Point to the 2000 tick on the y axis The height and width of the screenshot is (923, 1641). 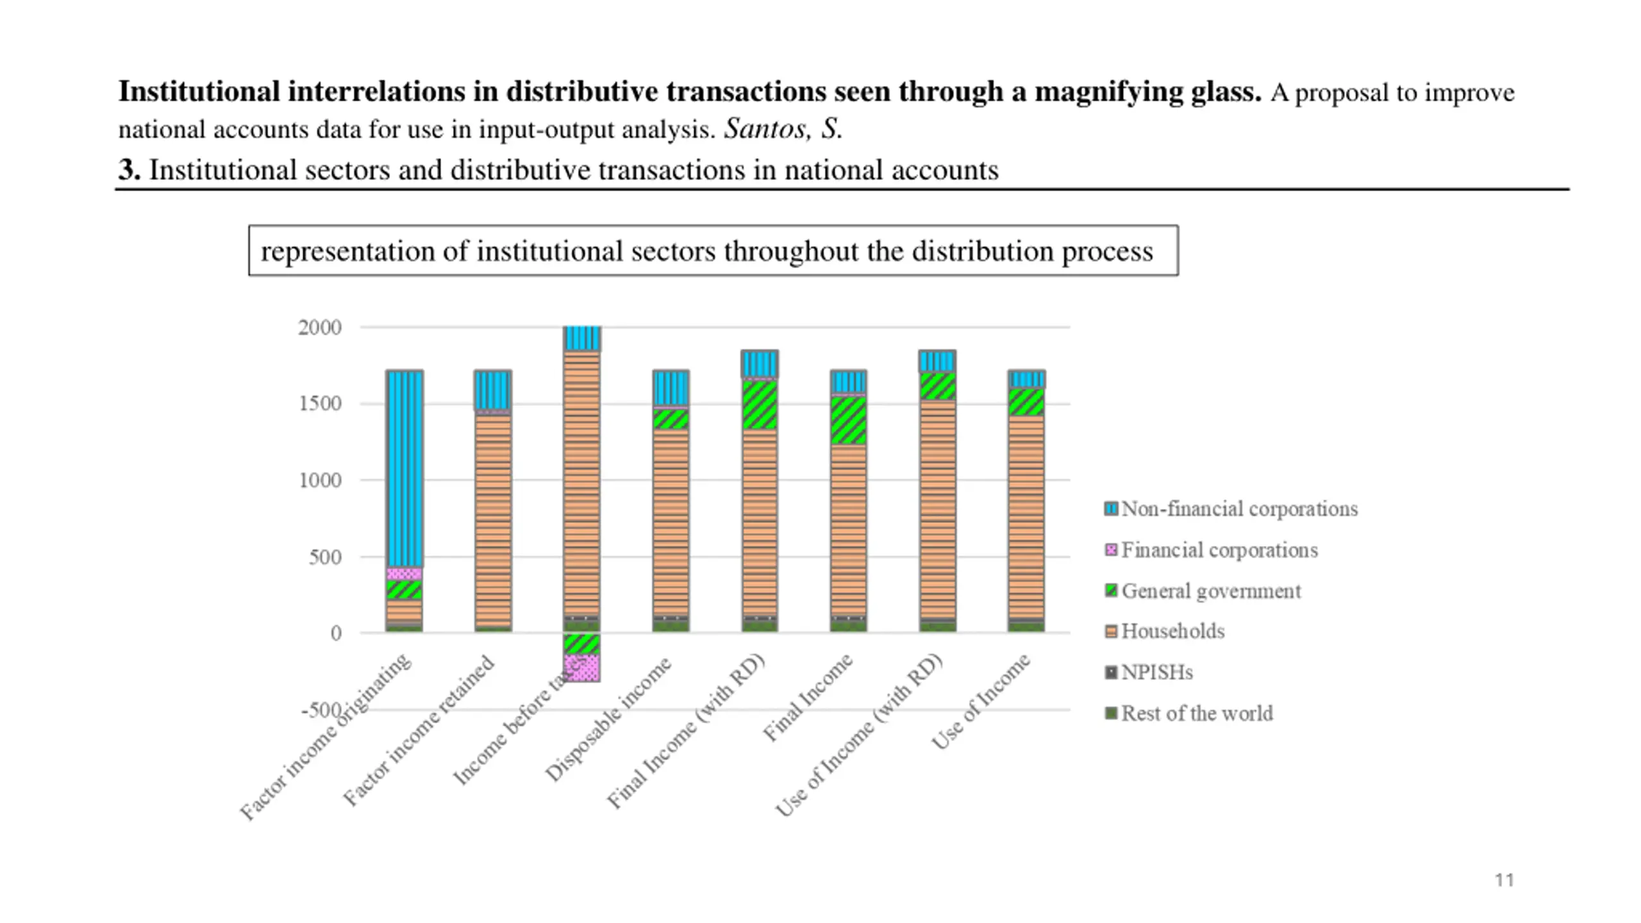click(319, 328)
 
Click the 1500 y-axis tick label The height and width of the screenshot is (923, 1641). click(319, 404)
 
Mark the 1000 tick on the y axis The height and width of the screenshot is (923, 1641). click(319, 480)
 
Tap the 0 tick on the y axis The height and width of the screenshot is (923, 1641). click(336, 633)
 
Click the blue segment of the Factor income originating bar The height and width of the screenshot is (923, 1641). click(404, 468)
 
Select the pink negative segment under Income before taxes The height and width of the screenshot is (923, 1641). click(582, 668)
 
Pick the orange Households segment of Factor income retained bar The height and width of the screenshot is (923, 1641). click(493, 519)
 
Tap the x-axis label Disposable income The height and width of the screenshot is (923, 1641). click(608, 719)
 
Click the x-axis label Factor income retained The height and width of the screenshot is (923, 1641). click(419, 731)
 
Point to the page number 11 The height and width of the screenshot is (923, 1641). click(1504, 880)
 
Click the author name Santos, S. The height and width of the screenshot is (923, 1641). click(783, 129)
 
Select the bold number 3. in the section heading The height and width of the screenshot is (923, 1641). click(129, 170)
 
